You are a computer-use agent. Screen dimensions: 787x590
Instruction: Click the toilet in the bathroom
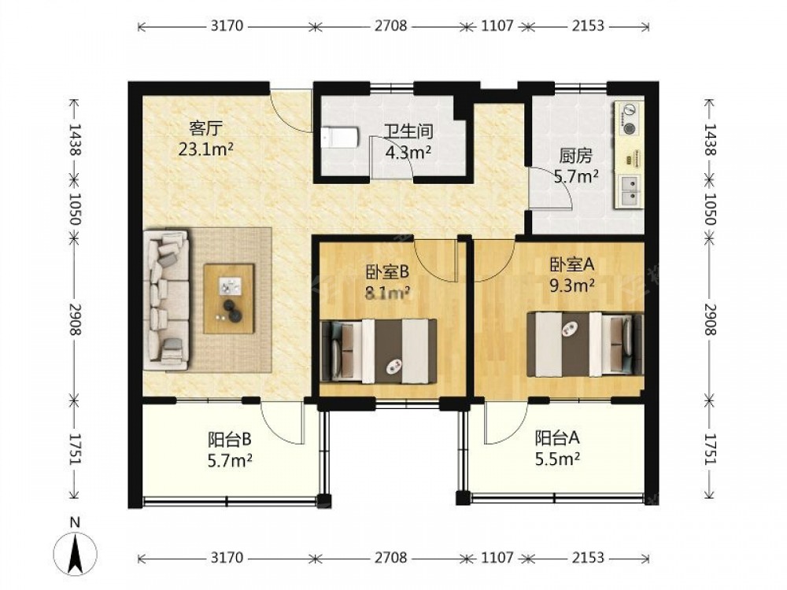340,137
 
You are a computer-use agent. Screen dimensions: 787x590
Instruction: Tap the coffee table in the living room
228,298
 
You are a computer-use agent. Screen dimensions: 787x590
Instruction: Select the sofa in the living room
166,300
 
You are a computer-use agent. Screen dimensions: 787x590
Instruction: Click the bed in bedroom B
379,351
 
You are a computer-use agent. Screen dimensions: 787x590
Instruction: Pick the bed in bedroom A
585,345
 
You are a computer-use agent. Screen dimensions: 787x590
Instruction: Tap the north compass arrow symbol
76,553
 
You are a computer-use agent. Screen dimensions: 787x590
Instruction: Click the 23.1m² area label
205,149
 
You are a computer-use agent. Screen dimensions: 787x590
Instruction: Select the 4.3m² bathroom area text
408,152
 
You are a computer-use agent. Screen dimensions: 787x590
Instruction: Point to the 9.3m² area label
572,286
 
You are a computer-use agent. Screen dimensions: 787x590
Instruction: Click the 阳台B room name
229,440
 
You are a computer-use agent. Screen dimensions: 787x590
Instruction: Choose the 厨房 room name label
576,157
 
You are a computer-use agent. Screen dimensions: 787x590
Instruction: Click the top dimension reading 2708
391,26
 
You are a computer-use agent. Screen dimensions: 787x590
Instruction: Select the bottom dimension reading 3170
227,558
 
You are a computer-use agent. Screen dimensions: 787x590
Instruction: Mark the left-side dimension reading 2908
76,319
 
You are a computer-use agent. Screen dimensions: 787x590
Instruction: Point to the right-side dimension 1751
710,448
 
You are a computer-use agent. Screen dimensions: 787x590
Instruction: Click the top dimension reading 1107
497,26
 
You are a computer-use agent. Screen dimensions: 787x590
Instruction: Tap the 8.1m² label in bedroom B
388,293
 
